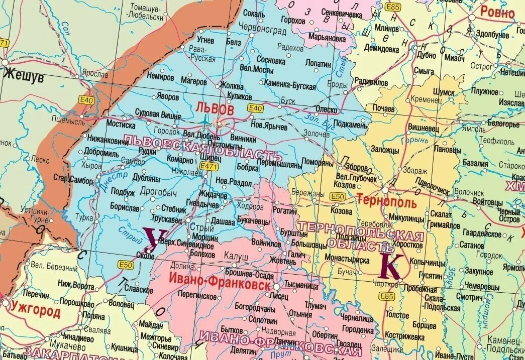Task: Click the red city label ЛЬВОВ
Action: pos(215,108)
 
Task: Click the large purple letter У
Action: pos(151,239)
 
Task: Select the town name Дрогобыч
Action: pos(158,192)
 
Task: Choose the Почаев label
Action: pos(383,108)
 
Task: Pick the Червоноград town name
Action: pos(262,30)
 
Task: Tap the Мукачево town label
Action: pos(64,346)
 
